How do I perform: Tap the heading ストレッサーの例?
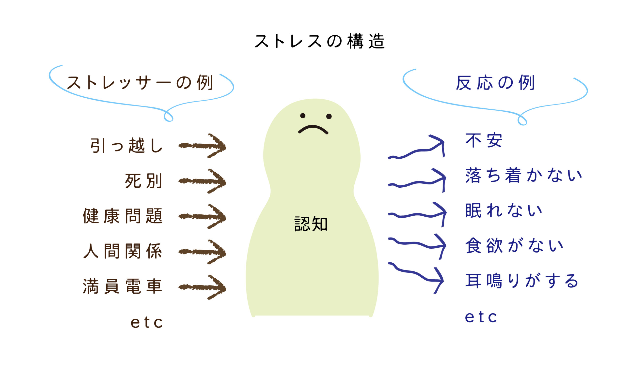[140, 83]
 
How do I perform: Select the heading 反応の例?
[495, 83]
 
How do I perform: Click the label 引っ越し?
[126, 146]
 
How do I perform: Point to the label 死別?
[143, 181]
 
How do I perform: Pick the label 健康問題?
[123, 216]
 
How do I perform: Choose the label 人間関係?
[123, 251]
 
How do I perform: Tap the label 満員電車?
[123, 286]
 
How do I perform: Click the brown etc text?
[147, 322]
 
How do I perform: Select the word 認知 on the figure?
[311, 224]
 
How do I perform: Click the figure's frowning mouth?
[313, 129]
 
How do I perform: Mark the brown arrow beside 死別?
[202, 181]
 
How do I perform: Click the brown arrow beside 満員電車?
[202, 287]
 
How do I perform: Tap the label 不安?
[484, 140]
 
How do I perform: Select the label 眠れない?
[504, 210]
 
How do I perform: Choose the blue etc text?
[481, 317]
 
